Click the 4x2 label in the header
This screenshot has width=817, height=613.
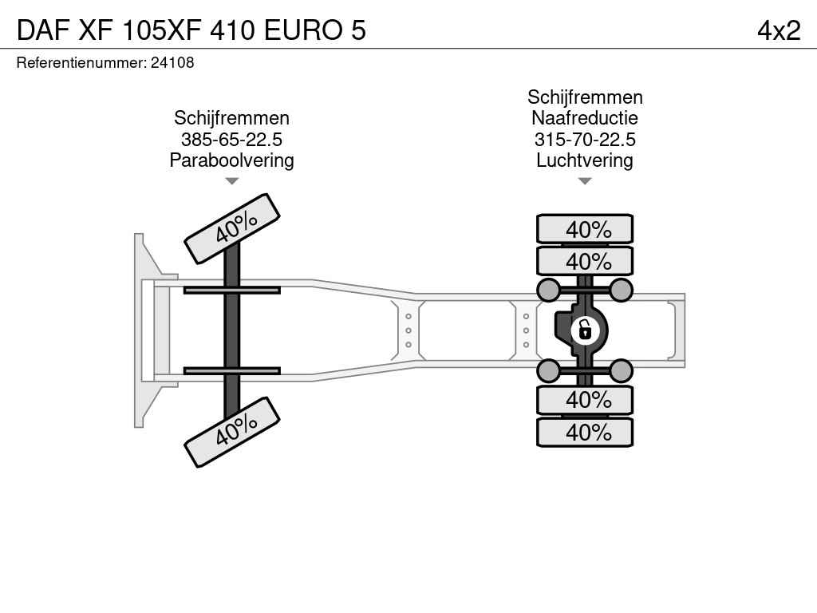(x=779, y=30)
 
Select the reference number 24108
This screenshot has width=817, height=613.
(x=172, y=62)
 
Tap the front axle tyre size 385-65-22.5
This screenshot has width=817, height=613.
(x=231, y=139)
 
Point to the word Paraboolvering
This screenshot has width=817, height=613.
(x=231, y=160)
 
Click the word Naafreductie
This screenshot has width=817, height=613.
(x=585, y=118)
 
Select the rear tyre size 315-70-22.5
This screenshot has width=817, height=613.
(x=585, y=139)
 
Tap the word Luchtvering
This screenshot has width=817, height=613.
(x=585, y=160)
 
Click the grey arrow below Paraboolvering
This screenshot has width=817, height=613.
(x=232, y=181)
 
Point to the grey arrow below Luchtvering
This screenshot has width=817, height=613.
(x=585, y=181)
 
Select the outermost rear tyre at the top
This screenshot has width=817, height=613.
(x=585, y=229)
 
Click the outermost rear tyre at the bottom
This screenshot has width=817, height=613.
(x=585, y=432)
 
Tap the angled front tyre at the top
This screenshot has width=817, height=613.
(x=232, y=229)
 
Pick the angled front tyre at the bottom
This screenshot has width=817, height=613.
(x=232, y=432)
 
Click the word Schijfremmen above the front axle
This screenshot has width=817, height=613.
(x=231, y=118)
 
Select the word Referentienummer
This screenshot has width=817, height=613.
(x=81, y=62)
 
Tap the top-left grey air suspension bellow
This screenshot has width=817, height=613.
(x=549, y=290)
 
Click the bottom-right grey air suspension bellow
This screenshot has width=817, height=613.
(x=621, y=371)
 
